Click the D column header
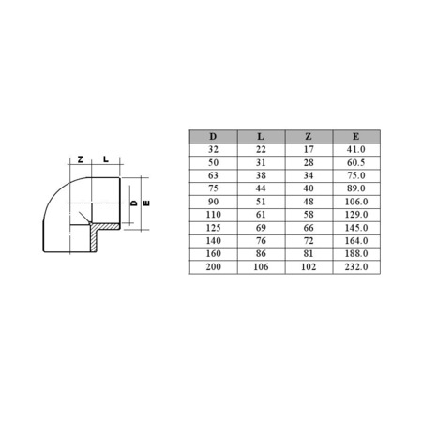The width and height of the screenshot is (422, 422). [213, 137]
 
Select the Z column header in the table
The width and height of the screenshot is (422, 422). [309, 137]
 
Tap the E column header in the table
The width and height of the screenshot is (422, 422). [356, 137]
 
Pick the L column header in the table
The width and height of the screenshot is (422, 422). [261, 137]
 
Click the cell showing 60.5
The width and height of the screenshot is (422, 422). [356, 162]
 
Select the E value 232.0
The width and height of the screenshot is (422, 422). [356, 267]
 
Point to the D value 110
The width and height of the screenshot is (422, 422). [213, 215]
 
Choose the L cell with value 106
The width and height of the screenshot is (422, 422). [261, 267]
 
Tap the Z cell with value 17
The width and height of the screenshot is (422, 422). [309, 150]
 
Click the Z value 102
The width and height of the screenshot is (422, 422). [309, 267]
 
